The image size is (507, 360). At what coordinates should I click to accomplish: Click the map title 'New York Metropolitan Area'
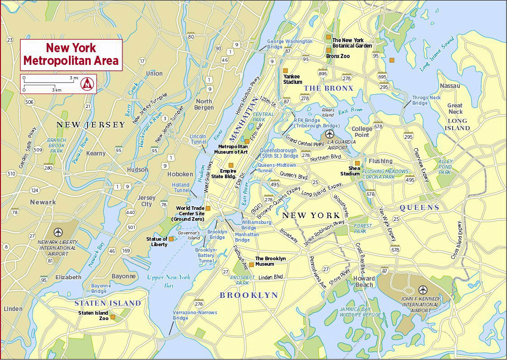(71, 54)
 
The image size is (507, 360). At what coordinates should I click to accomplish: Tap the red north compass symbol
(87, 84)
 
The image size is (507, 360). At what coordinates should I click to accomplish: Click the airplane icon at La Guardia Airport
(330, 134)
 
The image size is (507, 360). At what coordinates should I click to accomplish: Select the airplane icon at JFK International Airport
(423, 290)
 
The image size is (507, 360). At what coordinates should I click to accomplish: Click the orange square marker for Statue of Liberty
(171, 239)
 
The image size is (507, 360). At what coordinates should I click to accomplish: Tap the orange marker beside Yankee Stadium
(285, 70)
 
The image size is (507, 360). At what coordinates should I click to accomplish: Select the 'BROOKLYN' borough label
(249, 295)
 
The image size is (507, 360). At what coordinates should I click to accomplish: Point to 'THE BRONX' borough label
(328, 88)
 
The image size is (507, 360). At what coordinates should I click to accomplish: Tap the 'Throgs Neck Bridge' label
(426, 100)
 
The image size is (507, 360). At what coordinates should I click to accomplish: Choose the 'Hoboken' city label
(180, 174)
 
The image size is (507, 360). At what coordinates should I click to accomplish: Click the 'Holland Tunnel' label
(180, 188)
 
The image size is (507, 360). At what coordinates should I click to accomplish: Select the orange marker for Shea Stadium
(357, 163)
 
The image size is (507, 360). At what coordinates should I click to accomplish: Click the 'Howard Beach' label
(364, 282)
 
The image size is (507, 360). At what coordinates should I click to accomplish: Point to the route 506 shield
(29, 102)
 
